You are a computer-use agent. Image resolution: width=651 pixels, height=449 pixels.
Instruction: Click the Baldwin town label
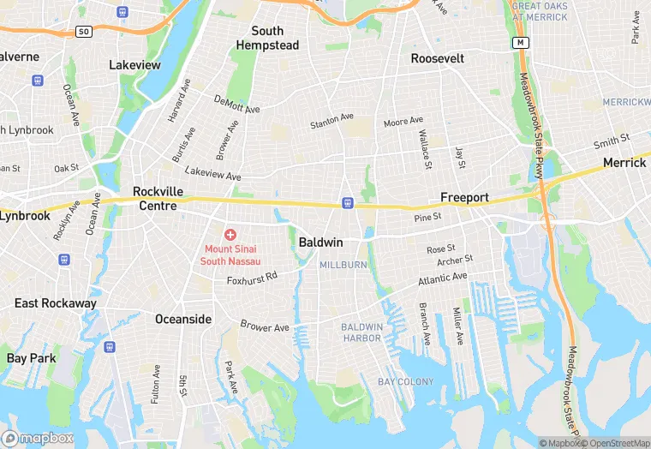[320, 242]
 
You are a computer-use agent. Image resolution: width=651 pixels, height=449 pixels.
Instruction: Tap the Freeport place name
[464, 197]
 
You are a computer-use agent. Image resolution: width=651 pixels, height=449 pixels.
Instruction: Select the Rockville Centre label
[154, 199]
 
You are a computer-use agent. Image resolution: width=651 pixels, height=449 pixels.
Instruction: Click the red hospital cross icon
[230, 234]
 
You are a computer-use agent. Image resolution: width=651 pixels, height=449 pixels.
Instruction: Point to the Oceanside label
[182, 319]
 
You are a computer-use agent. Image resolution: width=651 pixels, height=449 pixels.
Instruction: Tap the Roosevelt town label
[437, 58]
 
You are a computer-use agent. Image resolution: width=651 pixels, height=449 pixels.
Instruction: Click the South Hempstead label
[266, 37]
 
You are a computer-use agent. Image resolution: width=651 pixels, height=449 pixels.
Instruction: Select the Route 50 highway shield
[83, 31]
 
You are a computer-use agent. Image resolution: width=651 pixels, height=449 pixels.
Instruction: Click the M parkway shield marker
[520, 42]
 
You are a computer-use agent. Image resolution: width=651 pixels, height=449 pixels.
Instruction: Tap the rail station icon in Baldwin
[347, 203]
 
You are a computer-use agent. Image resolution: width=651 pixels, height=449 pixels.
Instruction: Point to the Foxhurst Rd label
[253, 278]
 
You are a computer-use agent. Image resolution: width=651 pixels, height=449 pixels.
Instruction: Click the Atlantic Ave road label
[443, 278]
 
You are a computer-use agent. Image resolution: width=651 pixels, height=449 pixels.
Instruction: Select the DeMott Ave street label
[236, 105]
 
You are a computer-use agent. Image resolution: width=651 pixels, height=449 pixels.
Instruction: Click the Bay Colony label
[406, 381]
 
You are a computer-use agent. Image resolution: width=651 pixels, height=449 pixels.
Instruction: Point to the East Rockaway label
[56, 303]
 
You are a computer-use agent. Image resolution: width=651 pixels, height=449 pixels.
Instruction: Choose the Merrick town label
[624, 163]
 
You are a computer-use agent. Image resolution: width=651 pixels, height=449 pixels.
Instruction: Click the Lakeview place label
[134, 64]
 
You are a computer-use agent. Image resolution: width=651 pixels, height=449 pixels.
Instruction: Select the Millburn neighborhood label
[343, 266]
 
